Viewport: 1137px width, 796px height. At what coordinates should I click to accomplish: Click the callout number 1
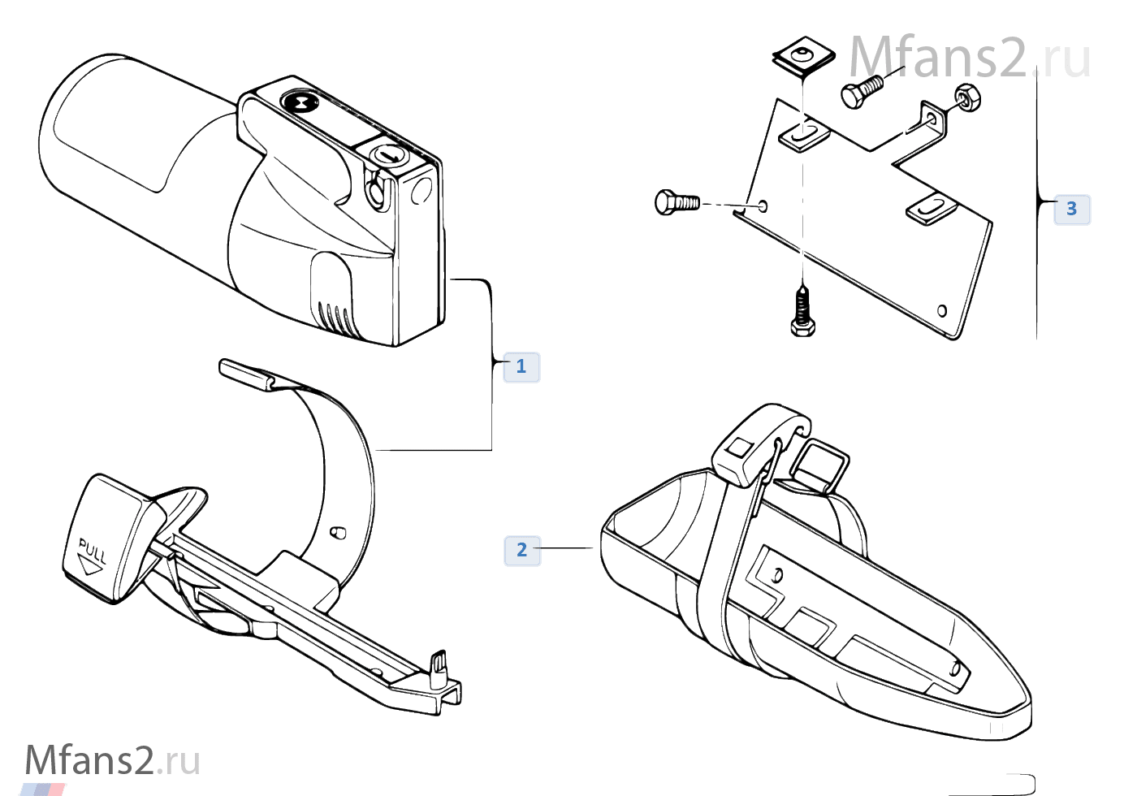[521, 366]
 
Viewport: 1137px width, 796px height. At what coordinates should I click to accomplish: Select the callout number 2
[521, 551]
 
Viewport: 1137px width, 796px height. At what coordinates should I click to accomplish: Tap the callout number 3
[1071, 209]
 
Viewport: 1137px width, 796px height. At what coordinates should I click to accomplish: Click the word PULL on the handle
[93, 551]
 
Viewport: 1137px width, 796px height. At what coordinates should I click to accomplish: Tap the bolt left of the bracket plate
[677, 202]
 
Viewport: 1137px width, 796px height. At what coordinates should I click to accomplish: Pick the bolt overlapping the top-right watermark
[862, 91]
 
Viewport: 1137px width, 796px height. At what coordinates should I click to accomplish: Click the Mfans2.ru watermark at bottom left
[113, 760]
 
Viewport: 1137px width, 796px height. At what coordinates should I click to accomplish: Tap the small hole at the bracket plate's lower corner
[941, 310]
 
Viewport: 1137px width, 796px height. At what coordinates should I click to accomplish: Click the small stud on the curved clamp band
[338, 533]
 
